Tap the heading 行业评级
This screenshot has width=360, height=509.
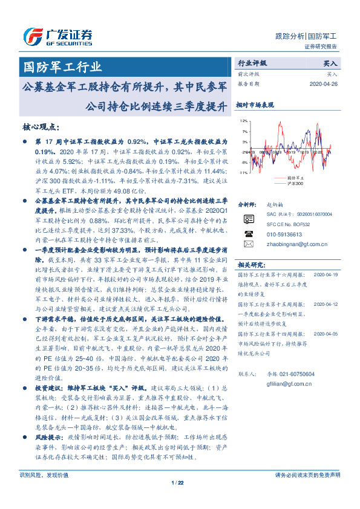point(252,63)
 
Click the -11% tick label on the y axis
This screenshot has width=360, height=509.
point(243,173)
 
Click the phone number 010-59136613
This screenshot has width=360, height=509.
point(284,233)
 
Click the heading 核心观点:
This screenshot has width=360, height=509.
point(41,126)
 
